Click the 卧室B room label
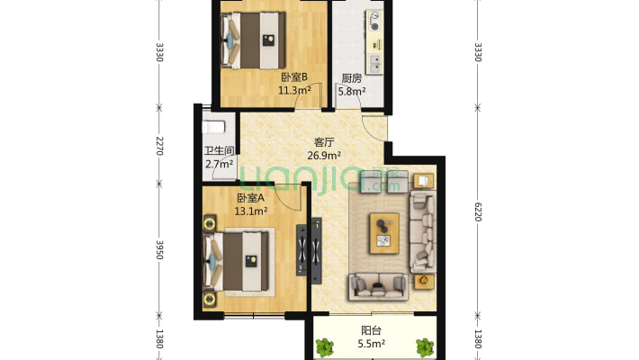(294, 77)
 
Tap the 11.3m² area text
(294, 90)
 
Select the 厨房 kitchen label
(351, 78)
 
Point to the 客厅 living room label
(324, 142)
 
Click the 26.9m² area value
(324, 156)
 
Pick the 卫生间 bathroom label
(220, 151)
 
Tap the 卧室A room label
(250, 198)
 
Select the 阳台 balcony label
(372, 330)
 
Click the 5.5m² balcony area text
(372, 344)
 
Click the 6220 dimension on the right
(478, 212)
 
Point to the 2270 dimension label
(159, 146)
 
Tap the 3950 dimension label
(159, 249)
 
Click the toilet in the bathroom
(213, 127)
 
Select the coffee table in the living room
(384, 233)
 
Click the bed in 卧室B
(253, 40)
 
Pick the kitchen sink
(375, 64)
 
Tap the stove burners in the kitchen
(374, 22)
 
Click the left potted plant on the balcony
(325, 347)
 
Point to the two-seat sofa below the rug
(378, 286)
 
